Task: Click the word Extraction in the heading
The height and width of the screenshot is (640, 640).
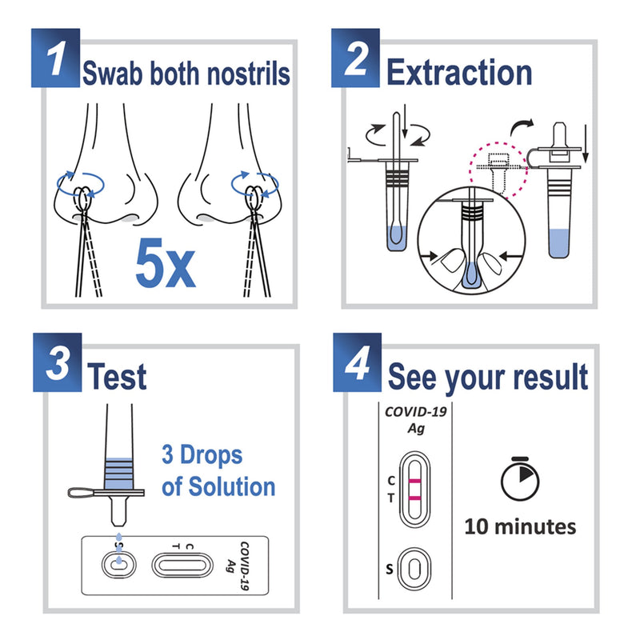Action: tap(459, 73)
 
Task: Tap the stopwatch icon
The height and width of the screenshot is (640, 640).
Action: tap(520, 477)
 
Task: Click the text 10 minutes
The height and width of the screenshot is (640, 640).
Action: tap(520, 526)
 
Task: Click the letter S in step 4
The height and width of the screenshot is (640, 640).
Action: tap(390, 569)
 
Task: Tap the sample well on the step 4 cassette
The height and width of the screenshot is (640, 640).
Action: tap(414, 569)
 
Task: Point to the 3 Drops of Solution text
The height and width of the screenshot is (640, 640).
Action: tap(218, 471)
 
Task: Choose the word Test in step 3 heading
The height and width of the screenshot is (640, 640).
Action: tap(118, 376)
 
